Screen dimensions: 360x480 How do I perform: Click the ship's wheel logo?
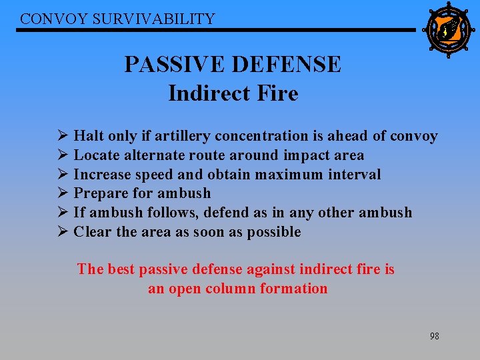click(447, 29)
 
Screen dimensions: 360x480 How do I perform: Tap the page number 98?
click(434, 336)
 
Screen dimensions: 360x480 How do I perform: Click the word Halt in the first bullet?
click(89, 136)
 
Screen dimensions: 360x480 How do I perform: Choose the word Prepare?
click(102, 193)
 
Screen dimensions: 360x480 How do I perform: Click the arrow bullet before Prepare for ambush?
click(63, 193)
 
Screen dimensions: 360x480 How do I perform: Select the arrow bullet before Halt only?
click(63, 136)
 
